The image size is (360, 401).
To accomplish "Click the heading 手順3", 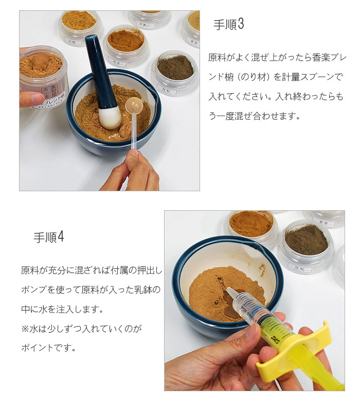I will (x=228, y=25).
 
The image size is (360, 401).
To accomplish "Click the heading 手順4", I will (x=49, y=237).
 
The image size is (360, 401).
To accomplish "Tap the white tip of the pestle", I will (x=110, y=118).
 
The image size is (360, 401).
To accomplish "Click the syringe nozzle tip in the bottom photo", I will (x=228, y=292).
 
